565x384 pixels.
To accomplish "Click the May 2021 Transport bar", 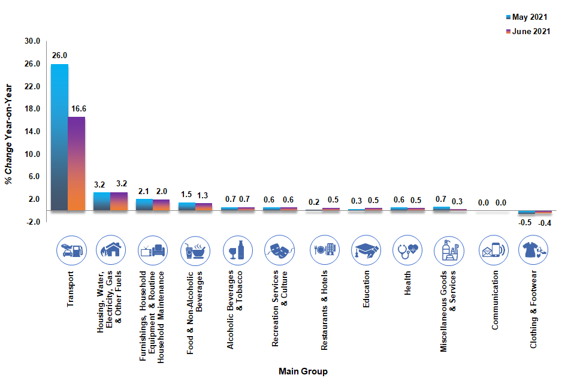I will pos(59,137).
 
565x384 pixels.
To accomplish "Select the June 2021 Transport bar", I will pos(77,164).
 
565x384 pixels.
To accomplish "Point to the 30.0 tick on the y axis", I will pos(32,41).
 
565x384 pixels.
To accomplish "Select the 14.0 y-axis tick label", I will pos(32,131).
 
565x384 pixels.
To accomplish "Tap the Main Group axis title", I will pos(303,371).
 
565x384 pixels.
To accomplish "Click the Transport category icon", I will pos(71,250).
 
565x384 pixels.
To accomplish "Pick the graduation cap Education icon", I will pos(366,250).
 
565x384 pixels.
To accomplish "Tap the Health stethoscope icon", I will pos(408,250).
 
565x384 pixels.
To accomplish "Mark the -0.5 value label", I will pos(525,222).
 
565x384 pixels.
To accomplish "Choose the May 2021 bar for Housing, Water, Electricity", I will pos(102,201).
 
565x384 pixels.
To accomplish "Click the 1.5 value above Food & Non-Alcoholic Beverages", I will pos(187,194).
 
